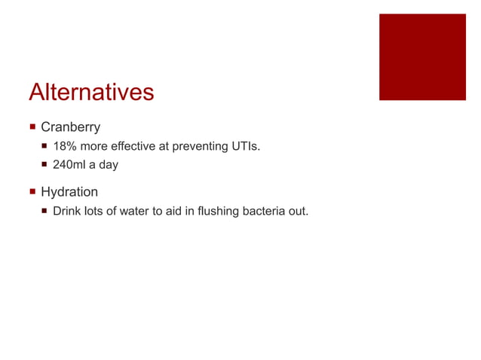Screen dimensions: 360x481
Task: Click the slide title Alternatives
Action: (91, 93)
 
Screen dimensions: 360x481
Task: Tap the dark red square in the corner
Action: (422, 56)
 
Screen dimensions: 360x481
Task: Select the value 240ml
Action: (69, 164)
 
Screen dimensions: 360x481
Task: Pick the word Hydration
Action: (69, 192)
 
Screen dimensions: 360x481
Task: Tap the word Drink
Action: (67, 211)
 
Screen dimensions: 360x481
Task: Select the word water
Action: (134, 211)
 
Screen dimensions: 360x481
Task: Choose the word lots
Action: (95, 211)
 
